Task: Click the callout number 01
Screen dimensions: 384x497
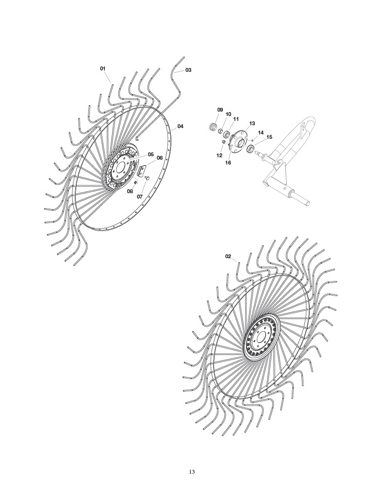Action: coord(102,68)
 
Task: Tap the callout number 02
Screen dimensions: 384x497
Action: coord(228,256)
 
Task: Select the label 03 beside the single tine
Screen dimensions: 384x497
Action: coord(188,70)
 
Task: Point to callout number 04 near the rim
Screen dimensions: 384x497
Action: coord(181,126)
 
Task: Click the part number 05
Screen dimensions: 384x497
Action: coord(151,154)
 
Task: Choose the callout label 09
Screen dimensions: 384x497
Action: coord(220,110)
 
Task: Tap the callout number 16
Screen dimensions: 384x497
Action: coord(228,163)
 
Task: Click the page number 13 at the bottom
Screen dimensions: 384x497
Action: coord(192,471)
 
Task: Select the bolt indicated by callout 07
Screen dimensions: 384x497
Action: coord(147,179)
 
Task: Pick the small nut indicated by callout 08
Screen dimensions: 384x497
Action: coord(135,183)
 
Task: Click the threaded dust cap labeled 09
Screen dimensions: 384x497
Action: coord(213,128)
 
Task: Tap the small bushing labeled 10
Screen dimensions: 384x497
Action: coord(220,130)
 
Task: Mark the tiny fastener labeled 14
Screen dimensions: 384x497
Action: coord(252,140)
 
